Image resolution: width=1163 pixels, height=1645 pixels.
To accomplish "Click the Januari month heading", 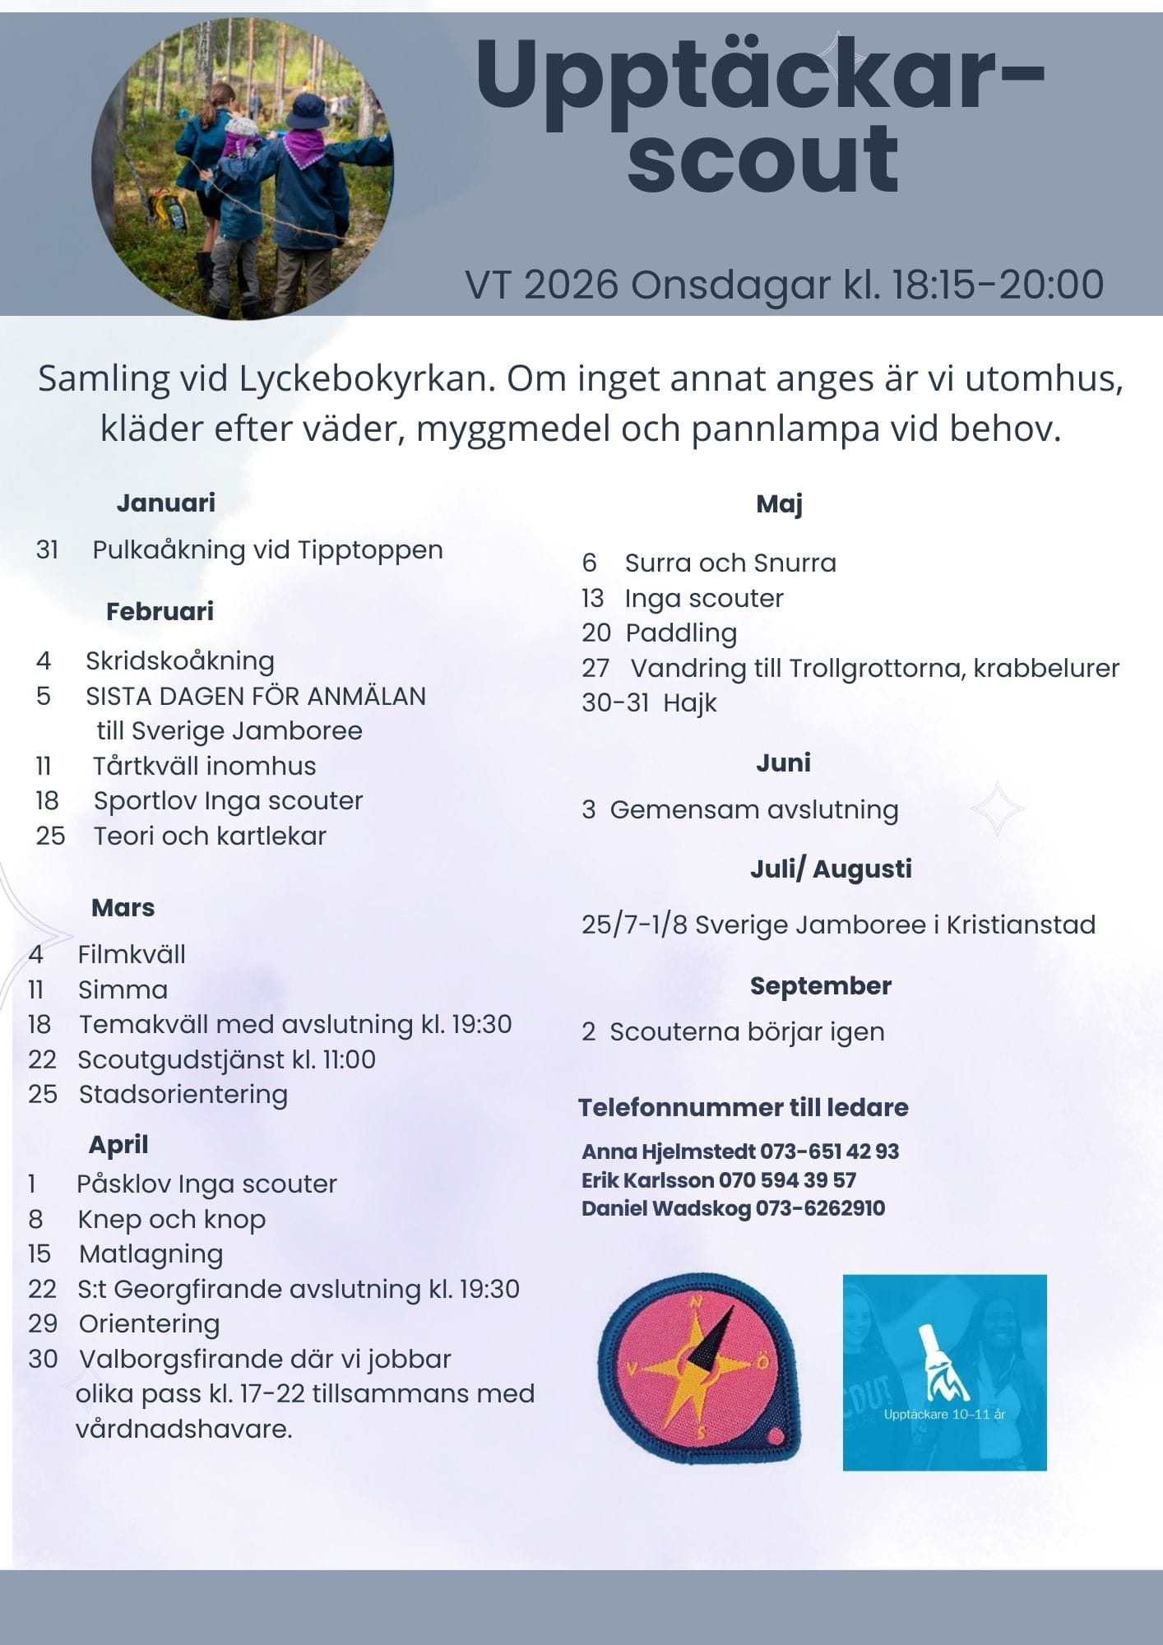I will tap(165, 503).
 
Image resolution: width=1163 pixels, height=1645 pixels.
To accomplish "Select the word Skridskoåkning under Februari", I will tap(180, 660).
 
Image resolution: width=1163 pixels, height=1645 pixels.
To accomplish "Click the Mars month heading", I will tap(123, 907).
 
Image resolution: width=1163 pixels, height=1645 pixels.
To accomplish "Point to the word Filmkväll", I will tap(132, 954).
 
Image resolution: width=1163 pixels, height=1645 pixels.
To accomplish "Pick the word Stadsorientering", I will tap(183, 1095).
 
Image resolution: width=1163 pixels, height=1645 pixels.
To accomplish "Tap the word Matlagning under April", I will tap(151, 1254).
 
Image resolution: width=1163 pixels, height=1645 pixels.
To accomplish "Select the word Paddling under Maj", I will tap(681, 633).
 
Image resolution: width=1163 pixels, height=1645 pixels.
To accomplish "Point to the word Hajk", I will tap(690, 703).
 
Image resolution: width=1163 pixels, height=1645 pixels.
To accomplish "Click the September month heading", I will tap(820, 985).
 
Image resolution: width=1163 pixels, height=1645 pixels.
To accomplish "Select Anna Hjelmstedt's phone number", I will tap(829, 1151).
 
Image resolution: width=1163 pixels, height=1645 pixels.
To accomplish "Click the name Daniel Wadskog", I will tap(666, 1208).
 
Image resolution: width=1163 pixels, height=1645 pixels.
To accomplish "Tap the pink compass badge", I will tap(699, 1369).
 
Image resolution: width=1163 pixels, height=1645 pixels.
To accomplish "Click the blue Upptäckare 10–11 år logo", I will tap(944, 1372).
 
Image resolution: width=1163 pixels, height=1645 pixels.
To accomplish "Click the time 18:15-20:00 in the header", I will tap(997, 285).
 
